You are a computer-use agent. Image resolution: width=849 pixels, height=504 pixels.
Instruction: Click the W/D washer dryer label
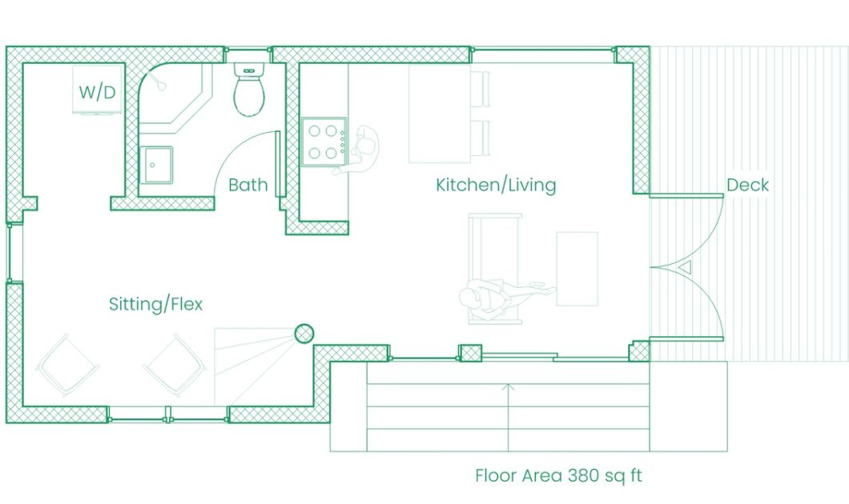[97, 92]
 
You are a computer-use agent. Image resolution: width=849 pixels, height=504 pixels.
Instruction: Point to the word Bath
[247, 185]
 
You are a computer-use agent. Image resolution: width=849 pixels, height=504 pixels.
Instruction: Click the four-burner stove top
[324, 142]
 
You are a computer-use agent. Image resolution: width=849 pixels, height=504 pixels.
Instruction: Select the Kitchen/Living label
[496, 186]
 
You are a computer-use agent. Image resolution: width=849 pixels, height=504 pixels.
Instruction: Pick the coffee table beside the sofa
[577, 268]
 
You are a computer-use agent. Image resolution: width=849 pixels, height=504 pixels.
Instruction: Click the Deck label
[747, 185]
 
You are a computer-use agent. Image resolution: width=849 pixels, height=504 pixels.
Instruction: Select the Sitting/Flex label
[155, 304]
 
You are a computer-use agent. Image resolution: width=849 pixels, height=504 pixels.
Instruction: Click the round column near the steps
[304, 333]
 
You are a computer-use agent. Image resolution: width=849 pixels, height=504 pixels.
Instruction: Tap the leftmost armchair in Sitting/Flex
[67, 366]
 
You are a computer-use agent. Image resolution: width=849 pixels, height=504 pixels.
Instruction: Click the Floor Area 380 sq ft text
[558, 476]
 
